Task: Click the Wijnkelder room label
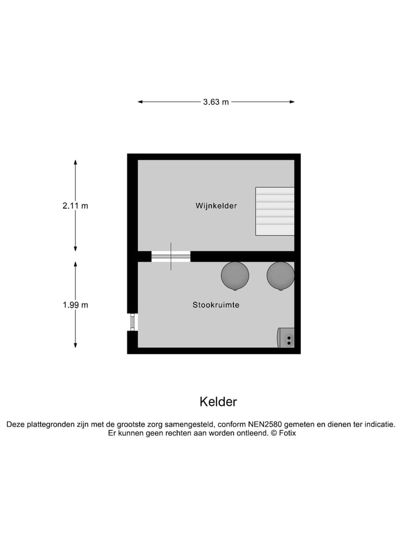[216, 206]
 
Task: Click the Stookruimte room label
[216, 305]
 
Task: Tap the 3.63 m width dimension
[216, 102]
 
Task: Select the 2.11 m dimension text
[75, 205]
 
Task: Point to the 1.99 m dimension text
[75, 305]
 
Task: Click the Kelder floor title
[218, 402]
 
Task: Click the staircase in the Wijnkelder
[275, 211]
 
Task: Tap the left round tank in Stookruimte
[235, 275]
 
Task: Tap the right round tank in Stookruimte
[280, 275]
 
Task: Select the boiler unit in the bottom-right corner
[286, 338]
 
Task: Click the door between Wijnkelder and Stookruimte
[171, 257]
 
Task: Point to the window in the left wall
[133, 322]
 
